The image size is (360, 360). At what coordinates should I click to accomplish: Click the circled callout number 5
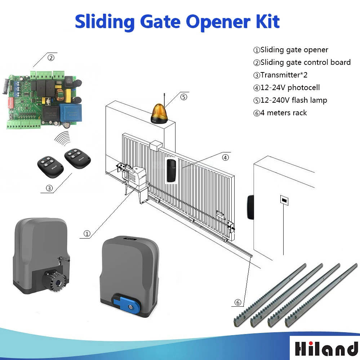pos(184,97)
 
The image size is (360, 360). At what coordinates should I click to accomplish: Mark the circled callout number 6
pos(238,302)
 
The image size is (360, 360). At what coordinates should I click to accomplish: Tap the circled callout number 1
pos(87,234)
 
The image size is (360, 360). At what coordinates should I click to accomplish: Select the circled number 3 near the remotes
pos(49,188)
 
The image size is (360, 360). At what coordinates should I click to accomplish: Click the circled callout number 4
pos(225,157)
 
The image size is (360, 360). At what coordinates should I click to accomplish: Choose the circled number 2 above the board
pos(51,57)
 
